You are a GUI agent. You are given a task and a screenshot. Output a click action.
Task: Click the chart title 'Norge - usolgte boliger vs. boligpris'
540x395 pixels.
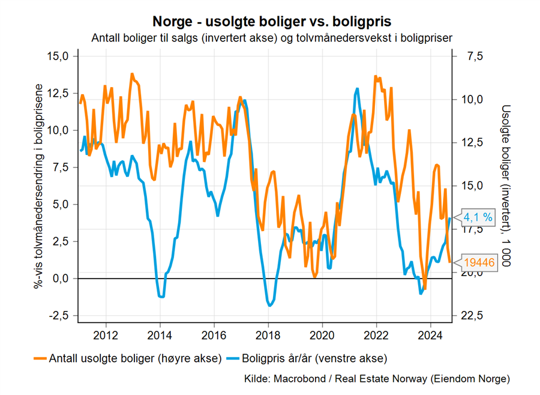(272, 22)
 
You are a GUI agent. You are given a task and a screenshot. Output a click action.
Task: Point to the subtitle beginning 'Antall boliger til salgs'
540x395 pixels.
(272, 38)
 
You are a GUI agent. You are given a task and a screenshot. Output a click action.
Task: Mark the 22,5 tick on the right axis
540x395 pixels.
(472, 316)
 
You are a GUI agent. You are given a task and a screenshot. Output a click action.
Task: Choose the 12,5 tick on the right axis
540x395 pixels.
(472, 143)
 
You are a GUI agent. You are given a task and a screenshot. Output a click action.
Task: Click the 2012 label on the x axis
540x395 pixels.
(106, 334)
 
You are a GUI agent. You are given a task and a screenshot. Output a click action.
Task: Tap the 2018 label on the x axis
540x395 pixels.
(268, 334)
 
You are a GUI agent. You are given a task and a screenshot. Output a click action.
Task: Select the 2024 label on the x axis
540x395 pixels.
(430, 334)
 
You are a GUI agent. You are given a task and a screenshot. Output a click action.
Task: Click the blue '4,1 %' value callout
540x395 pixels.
(478, 218)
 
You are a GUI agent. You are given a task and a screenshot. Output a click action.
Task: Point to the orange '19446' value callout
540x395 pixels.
(478, 262)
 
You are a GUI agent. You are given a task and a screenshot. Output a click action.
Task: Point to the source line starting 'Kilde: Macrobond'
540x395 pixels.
(377, 379)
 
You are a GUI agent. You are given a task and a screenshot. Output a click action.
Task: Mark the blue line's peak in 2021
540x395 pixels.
(358, 89)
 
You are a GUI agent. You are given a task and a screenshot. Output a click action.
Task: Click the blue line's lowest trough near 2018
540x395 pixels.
(270, 306)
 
